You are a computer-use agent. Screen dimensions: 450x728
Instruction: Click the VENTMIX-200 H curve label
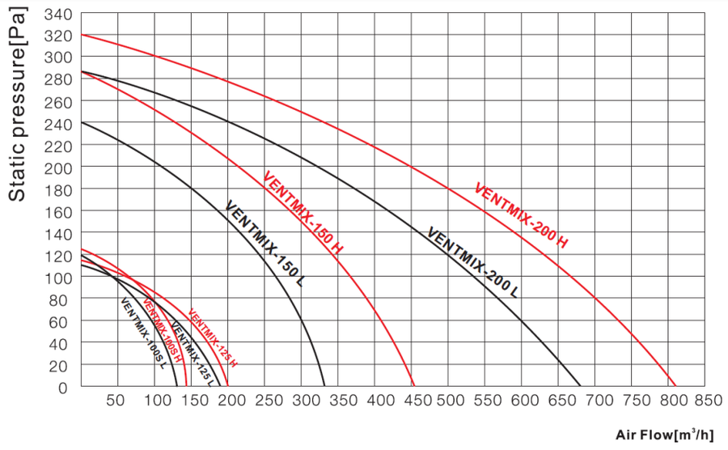[522, 215]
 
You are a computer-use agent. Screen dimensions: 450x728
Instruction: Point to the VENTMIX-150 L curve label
[265, 241]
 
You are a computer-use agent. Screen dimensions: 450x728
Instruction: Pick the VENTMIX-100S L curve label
[143, 333]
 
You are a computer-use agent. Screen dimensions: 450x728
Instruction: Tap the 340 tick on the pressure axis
[58, 15]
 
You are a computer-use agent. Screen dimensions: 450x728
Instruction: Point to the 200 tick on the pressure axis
[58, 168]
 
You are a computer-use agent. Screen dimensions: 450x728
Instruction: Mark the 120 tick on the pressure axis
[58, 256]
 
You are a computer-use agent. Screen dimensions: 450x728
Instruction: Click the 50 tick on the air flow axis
[116, 400]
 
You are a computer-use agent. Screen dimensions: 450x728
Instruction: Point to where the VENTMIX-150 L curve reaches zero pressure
[324, 387]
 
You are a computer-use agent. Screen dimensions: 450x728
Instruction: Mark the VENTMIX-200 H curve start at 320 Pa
[81, 35]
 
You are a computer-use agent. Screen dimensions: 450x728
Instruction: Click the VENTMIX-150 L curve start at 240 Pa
[81, 122]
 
